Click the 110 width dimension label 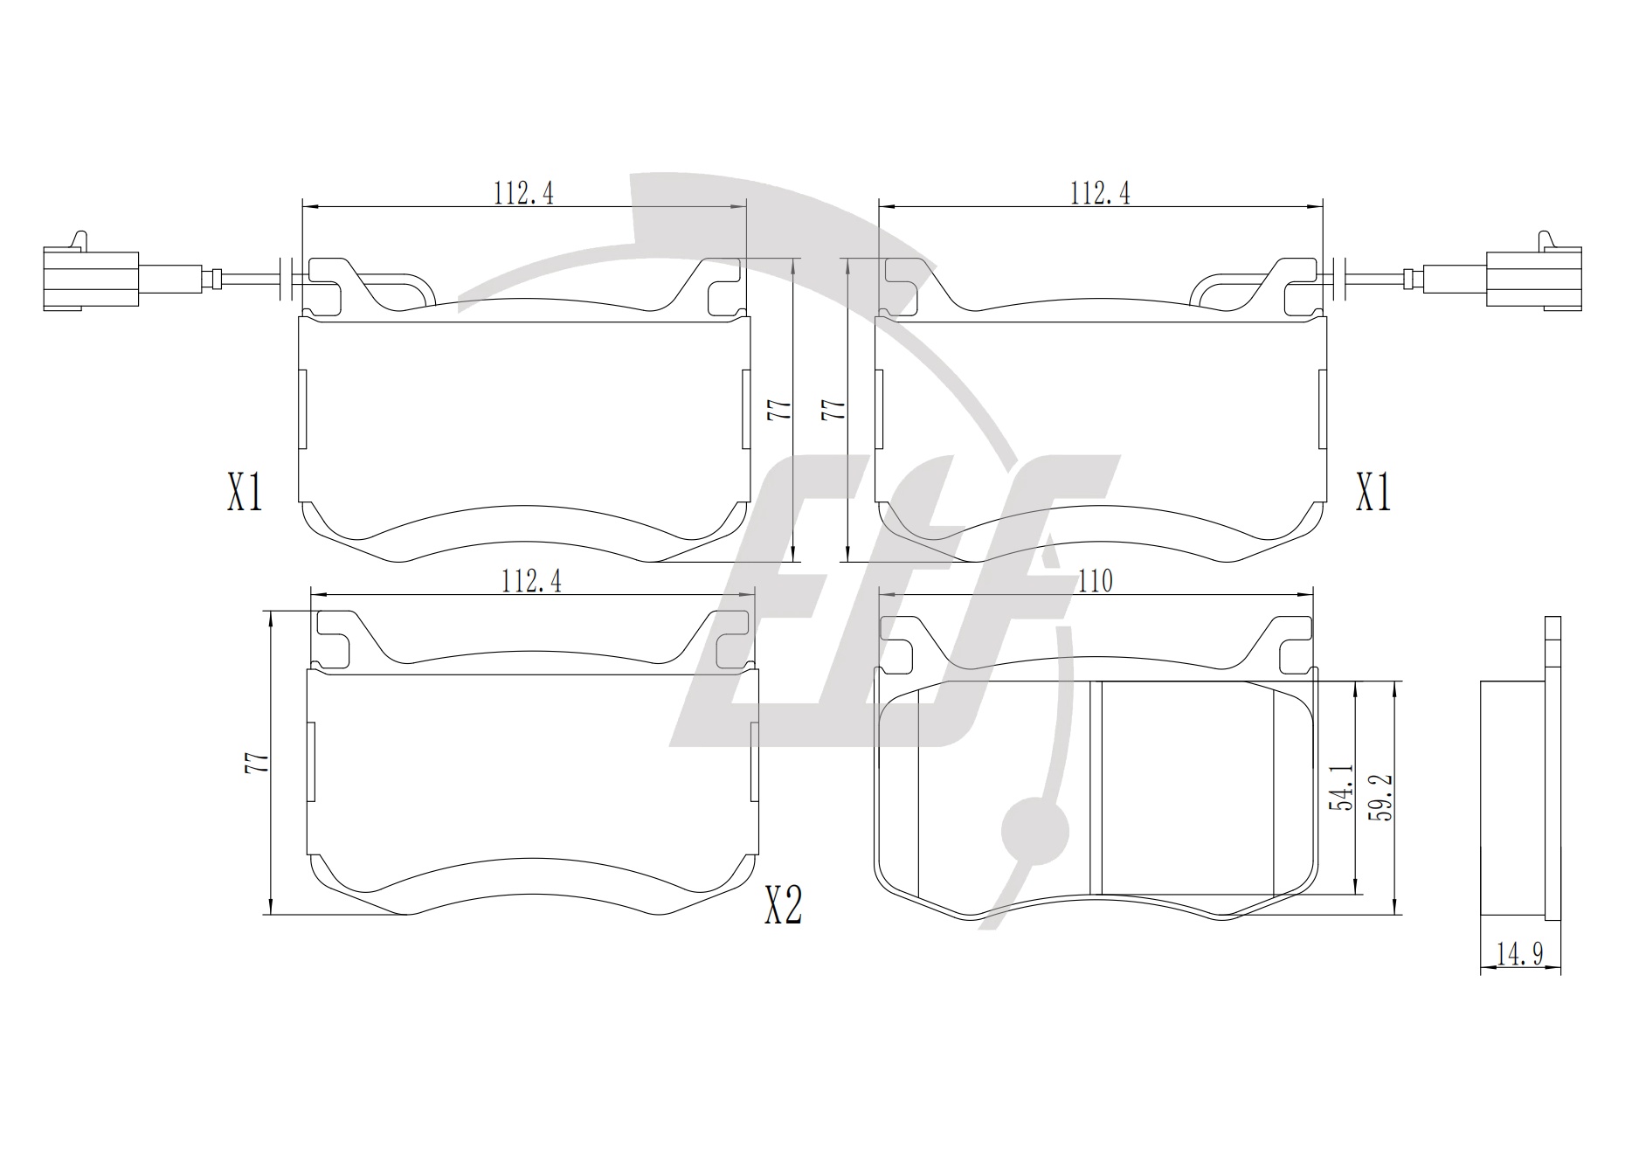click(x=1096, y=581)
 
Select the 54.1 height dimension click(x=1341, y=787)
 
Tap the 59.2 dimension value click(x=1381, y=795)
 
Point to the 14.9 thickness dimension click(x=1520, y=954)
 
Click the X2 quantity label click(x=783, y=905)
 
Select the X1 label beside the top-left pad click(x=245, y=493)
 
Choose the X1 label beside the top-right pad click(x=1373, y=493)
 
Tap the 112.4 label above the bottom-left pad click(x=531, y=581)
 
